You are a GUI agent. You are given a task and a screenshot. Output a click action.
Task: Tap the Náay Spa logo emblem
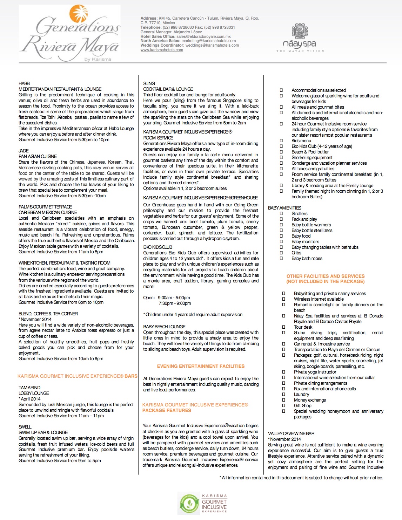(300, 32)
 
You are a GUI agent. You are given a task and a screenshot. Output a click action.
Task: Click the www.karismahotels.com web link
(162, 50)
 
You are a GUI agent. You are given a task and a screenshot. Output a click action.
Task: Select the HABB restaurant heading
(24, 83)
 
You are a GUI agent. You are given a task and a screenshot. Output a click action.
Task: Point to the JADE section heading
(24, 151)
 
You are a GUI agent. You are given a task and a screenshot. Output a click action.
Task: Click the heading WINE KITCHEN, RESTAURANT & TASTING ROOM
(65, 263)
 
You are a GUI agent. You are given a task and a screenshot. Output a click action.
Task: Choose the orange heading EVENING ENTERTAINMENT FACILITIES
(201, 366)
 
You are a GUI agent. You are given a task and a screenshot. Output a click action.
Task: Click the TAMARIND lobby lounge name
(29, 388)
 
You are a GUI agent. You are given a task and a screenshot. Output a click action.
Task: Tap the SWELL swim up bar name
(25, 427)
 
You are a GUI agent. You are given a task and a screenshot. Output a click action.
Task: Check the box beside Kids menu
(281, 141)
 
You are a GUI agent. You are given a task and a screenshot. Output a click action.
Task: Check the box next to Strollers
(281, 213)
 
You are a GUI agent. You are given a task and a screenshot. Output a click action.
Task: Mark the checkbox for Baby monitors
(281, 241)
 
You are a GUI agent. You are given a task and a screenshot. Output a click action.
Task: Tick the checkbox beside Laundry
(284, 394)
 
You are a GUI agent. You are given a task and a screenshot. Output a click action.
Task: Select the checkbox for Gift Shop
(284, 405)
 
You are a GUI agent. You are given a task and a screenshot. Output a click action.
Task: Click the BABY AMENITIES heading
(284, 208)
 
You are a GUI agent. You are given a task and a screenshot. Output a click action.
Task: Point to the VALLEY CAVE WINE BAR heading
(291, 433)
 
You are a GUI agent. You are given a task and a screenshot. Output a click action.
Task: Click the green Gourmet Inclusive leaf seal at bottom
(189, 504)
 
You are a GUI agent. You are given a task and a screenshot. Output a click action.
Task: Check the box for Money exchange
(284, 400)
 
